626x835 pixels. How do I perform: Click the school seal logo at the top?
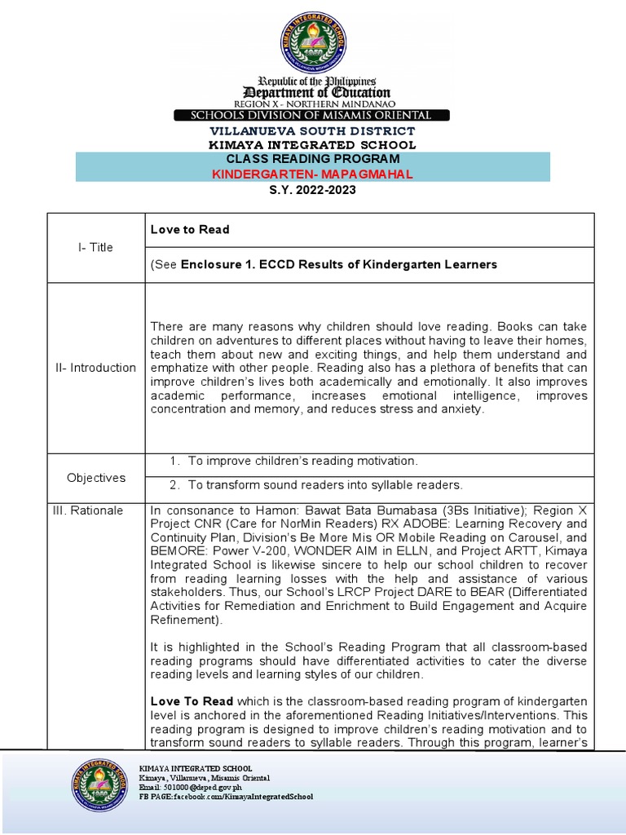(x=313, y=40)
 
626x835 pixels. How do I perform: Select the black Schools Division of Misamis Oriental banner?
(x=313, y=116)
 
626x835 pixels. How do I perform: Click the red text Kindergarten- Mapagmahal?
(x=313, y=174)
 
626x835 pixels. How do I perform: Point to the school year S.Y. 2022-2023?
(x=313, y=190)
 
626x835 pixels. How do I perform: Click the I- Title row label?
(x=96, y=247)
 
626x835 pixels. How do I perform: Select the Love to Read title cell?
(x=190, y=229)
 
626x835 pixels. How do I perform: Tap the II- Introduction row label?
(x=96, y=368)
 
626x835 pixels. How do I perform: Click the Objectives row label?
(x=96, y=478)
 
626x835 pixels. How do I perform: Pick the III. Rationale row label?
(x=96, y=510)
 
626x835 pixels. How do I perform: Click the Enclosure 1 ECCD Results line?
(x=324, y=264)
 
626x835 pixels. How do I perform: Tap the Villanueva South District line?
(x=313, y=131)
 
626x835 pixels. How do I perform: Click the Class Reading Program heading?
(x=313, y=159)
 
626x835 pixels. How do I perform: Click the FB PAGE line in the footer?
(x=226, y=797)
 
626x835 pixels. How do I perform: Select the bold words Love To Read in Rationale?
(x=192, y=701)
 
